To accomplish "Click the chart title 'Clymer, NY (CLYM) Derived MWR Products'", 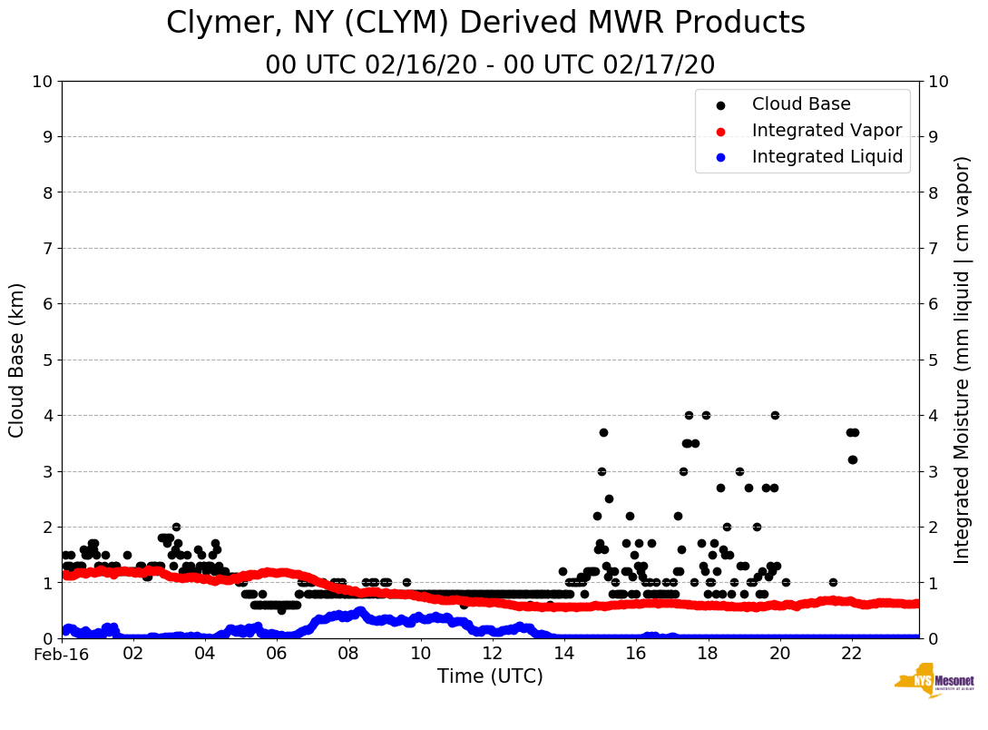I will [485, 24].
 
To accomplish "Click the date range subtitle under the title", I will [490, 65].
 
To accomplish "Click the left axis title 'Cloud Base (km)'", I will [17, 360].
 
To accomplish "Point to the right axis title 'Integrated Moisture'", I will [963, 360].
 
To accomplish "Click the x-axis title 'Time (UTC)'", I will [490, 676].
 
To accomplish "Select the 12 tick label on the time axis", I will [492, 654].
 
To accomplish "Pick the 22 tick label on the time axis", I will [851, 654].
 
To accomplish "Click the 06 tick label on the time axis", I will [277, 654].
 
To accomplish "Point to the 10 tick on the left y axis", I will [43, 81].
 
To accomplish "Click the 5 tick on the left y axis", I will [47, 360].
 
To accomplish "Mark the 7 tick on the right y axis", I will [932, 248].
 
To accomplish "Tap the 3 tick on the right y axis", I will [932, 471].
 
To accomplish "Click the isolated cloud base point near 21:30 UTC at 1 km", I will [833, 582].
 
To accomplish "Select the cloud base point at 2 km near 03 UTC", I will [176, 527].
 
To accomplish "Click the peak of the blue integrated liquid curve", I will [360, 611].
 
